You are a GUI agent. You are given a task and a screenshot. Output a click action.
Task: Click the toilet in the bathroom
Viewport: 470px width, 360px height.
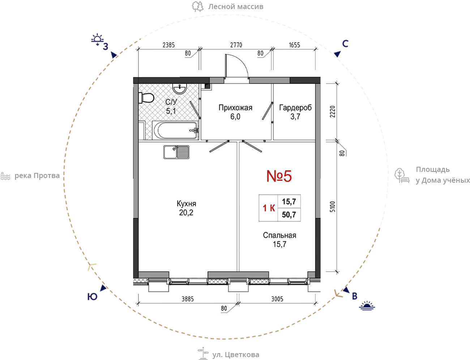point(146,98)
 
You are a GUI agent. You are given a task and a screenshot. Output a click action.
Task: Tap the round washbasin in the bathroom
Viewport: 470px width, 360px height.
point(180,89)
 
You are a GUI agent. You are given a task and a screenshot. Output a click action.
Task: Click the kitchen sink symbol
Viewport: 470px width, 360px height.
point(176,152)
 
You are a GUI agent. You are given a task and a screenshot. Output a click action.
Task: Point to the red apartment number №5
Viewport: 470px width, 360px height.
point(279,176)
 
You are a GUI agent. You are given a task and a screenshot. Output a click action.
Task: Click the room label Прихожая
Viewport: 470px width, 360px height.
point(235,107)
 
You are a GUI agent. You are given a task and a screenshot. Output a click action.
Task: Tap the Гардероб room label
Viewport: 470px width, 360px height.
point(295,107)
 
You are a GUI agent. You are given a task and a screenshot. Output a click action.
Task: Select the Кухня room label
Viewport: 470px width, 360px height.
point(186,203)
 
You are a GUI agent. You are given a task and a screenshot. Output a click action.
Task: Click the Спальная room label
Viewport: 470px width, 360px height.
point(279,235)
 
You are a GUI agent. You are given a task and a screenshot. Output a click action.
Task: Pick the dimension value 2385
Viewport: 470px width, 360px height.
point(168,45)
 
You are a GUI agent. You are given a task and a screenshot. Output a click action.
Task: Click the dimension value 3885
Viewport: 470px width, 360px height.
point(188,299)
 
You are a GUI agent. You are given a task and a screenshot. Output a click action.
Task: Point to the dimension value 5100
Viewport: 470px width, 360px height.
point(332,207)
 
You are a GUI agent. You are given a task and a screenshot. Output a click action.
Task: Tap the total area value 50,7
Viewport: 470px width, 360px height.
point(289,215)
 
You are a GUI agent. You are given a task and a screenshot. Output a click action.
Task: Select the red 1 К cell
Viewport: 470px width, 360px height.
point(269,208)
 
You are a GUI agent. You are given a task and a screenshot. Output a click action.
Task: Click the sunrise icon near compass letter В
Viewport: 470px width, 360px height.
point(367,306)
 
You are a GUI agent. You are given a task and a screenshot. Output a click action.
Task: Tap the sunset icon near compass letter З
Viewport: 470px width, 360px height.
point(97,39)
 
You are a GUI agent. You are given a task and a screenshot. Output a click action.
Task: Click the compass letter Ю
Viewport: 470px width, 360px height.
point(92,297)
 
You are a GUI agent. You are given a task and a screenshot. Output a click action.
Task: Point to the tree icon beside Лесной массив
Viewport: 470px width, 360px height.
point(197,7)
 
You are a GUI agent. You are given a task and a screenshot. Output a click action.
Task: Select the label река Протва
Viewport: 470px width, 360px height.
point(37,176)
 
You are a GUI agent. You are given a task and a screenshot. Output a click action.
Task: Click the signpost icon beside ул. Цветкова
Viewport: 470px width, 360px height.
point(203,353)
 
